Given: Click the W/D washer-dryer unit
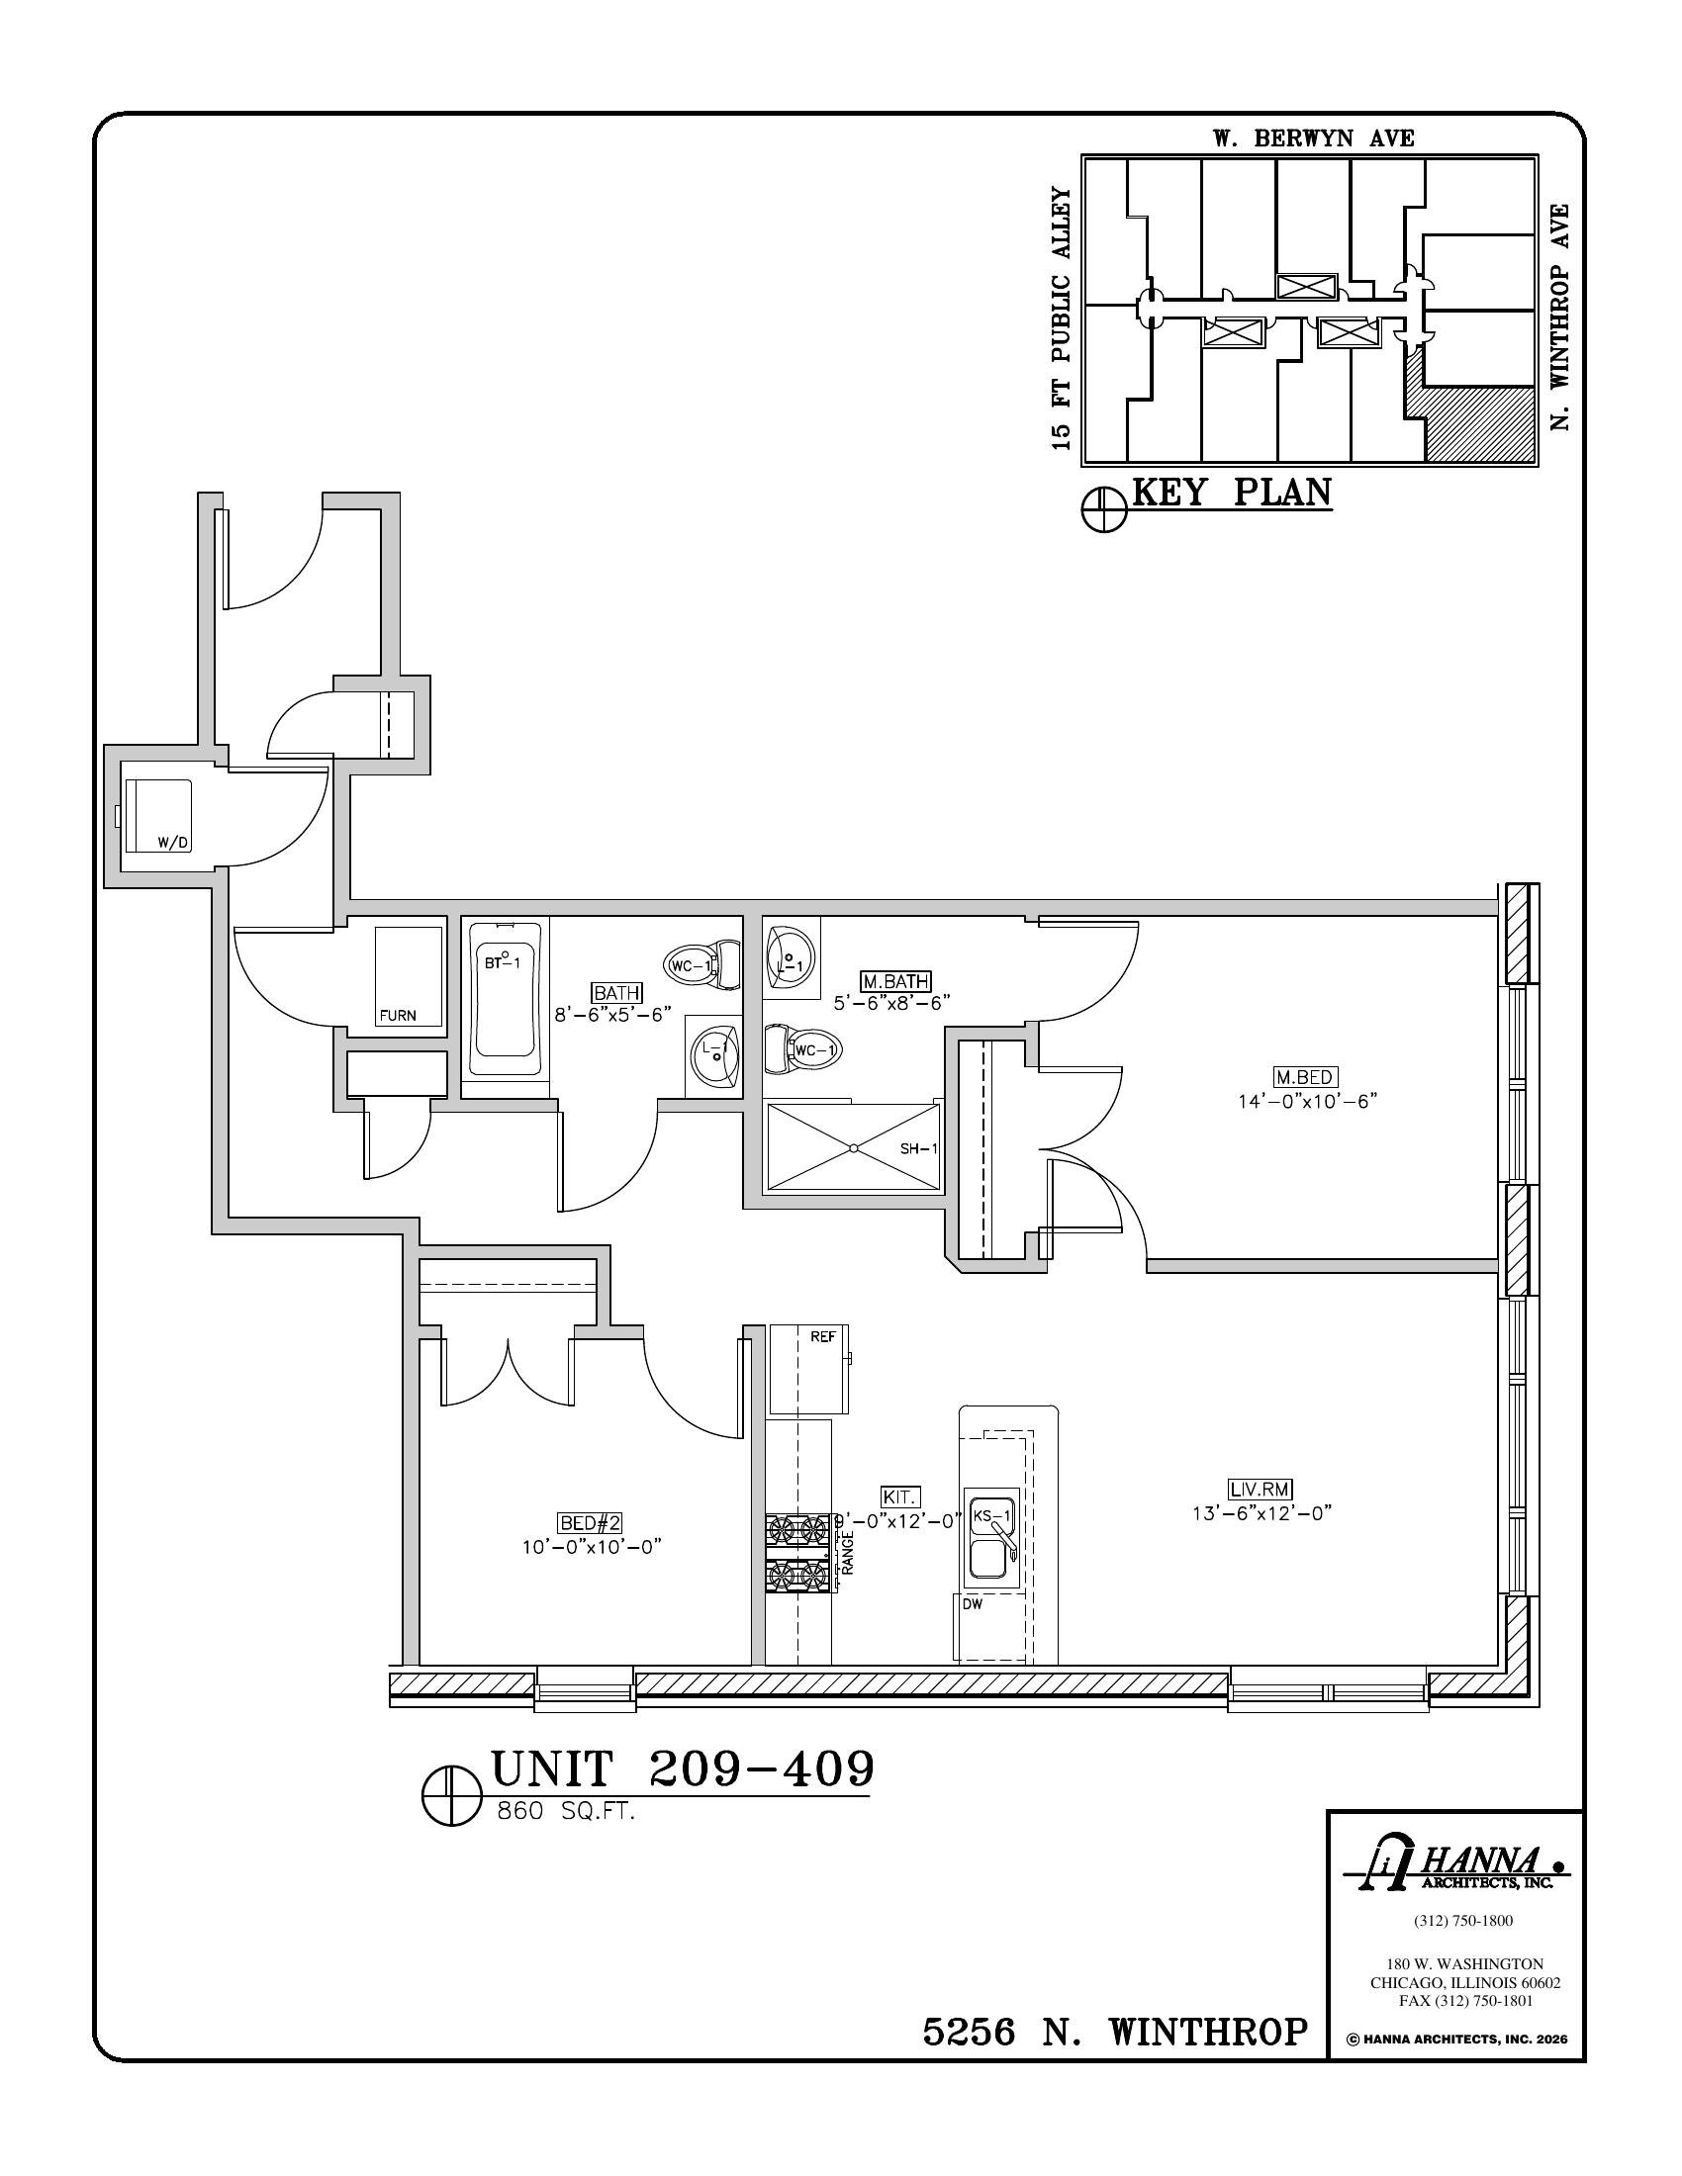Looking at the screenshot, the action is click(x=156, y=816).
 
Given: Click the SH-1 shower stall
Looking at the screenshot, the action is click(x=852, y=1146).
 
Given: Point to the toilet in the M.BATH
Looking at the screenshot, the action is click(x=803, y=1049).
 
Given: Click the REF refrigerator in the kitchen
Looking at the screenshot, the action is click(x=810, y=1368).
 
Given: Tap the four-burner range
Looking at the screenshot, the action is click(x=798, y=1553).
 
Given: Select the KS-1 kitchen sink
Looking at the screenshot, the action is click(x=991, y=1552).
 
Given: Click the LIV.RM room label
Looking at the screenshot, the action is click(x=1261, y=1517).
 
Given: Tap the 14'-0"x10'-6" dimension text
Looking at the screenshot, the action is click(x=1305, y=1102).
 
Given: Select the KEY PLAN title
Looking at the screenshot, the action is click(x=1232, y=493).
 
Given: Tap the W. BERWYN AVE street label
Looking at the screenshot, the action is click(x=1313, y=138).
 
